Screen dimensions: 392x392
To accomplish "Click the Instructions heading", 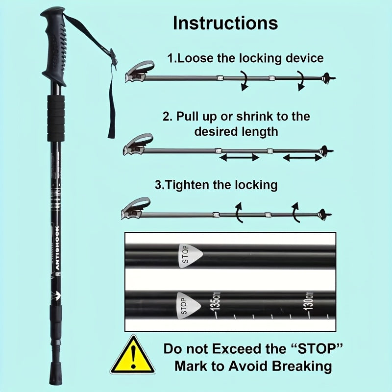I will tap(225, 23).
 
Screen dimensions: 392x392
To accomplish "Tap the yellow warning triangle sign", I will tap(132, 356).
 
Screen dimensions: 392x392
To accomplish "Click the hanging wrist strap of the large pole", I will tap(111, 98).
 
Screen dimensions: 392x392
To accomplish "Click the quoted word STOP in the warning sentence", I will tap(314, 349).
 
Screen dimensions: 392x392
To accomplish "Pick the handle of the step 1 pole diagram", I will tap(139, 72).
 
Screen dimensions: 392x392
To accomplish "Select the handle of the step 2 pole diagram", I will tap(137, 144).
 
